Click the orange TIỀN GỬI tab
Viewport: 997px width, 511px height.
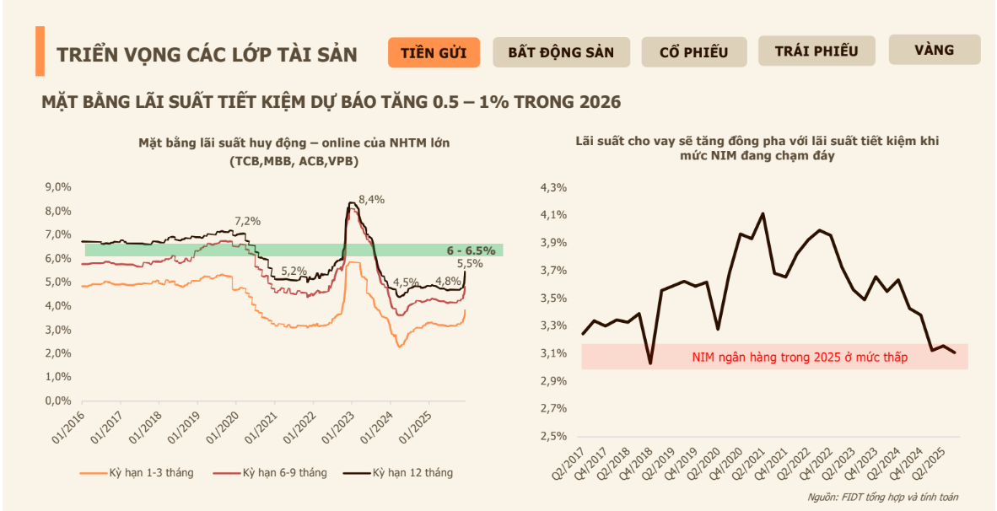[434, 52]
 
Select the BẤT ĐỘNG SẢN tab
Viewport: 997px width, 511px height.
[560, 52]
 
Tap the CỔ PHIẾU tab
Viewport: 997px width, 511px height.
[693, 52]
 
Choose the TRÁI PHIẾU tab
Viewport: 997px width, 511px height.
[816, 51]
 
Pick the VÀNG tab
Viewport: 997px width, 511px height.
[934, 50]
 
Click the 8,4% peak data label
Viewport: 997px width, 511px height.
[371, 200]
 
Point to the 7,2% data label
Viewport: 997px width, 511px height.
[248, 221]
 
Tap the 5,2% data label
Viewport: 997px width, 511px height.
[294, 271]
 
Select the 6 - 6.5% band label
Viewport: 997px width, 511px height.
[470, 250]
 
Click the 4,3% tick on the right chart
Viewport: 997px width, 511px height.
[553, 187]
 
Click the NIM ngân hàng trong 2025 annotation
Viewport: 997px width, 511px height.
[797, 358]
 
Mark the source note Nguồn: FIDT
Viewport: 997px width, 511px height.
[881, 497]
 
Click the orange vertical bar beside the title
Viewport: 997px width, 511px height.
[40, 51]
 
